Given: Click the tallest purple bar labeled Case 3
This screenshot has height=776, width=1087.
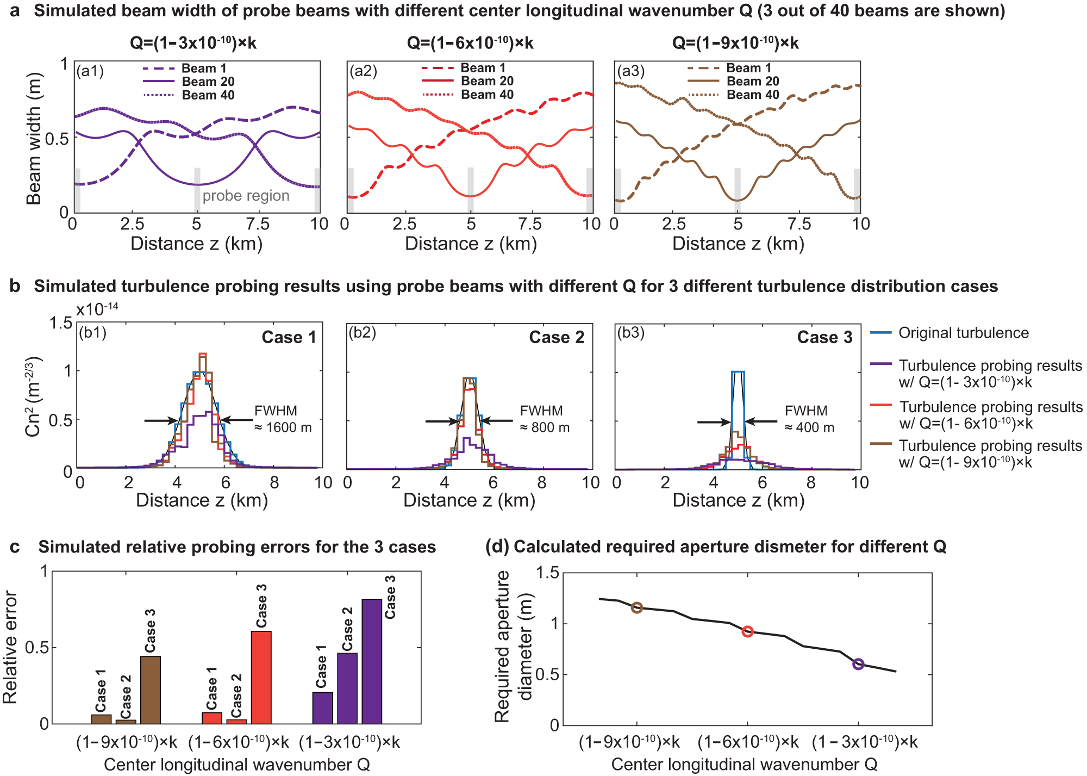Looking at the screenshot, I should (x=372, y=661).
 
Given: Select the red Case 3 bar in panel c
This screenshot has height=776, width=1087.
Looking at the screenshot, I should (x=261, y=677).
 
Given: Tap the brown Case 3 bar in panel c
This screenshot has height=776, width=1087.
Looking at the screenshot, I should (x=151, y=690).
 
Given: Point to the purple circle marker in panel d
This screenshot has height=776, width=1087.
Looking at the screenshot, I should (x=858, y=664).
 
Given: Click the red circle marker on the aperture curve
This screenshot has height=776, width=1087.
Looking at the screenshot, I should (x=747, y=631).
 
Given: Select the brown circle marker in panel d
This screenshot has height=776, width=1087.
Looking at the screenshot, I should (x=637, y=607).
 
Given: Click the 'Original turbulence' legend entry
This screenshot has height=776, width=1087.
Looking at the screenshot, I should (x=963, y=333).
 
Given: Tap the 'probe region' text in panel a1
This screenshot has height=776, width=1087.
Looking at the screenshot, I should (x=246, y=196).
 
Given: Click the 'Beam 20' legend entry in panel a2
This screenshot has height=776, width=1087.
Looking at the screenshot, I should (x=487, y=81).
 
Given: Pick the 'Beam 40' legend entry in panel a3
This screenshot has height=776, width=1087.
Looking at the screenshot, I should (x=753, y=95).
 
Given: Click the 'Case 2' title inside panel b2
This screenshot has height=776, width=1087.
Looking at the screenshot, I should (x=557, y=337).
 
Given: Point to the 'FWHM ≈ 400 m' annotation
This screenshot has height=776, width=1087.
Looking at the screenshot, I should (x=809, y=419).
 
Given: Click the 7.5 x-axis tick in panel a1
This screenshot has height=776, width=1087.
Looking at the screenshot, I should (x=258, y=224).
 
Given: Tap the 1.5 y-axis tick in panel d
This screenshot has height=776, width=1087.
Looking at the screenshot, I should (x=547, y=573).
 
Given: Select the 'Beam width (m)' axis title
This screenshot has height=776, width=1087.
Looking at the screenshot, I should (x=34, y=138).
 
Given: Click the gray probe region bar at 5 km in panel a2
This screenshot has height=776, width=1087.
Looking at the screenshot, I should (x=471, y=190).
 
